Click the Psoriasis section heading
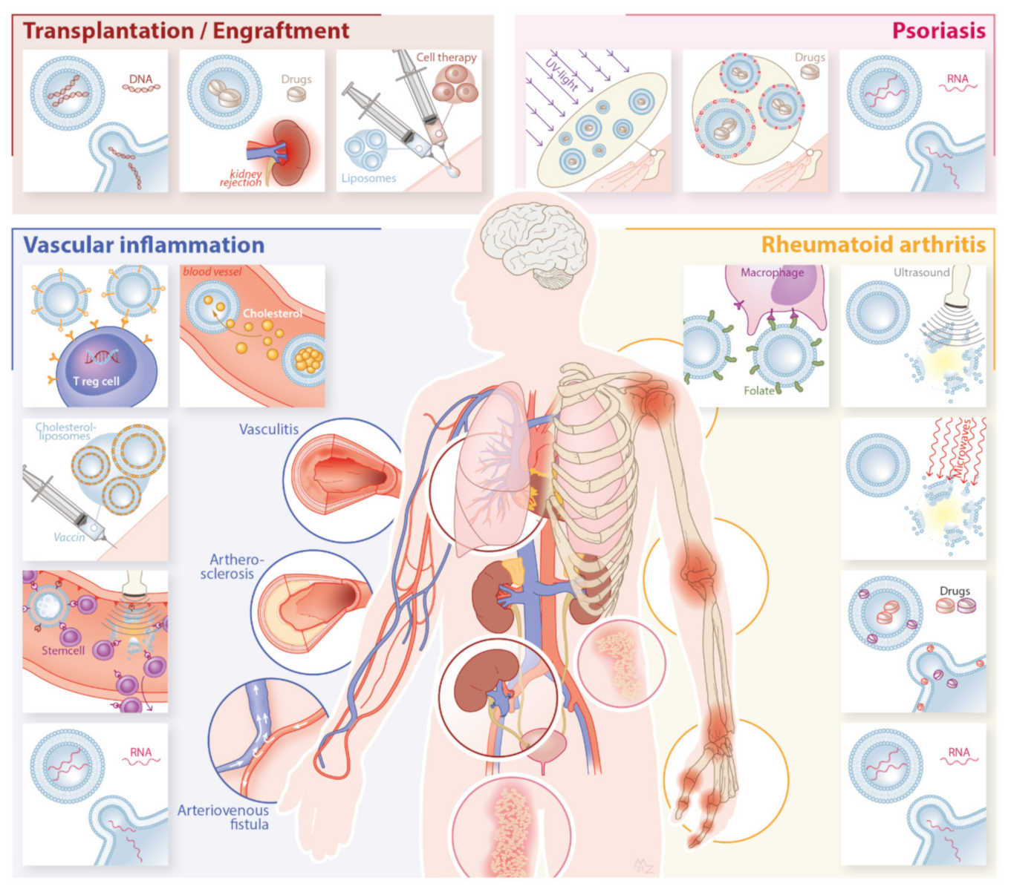(938, 30)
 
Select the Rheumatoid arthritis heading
(873, 244)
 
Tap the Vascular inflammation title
(143, 245)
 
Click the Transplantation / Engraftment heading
(186, 30)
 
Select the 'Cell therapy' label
(446, 57)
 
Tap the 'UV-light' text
(562, 73)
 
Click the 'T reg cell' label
(96, 381)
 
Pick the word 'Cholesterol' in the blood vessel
(272, 313)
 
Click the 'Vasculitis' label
(268, 429)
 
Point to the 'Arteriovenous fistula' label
(224, 817)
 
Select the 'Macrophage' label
(772, 272)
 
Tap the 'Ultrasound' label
(921, 272)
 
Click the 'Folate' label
(758, 390)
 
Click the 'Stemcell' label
(63, 650)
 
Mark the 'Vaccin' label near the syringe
(69, 537)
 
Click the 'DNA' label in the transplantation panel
(140, 79)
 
